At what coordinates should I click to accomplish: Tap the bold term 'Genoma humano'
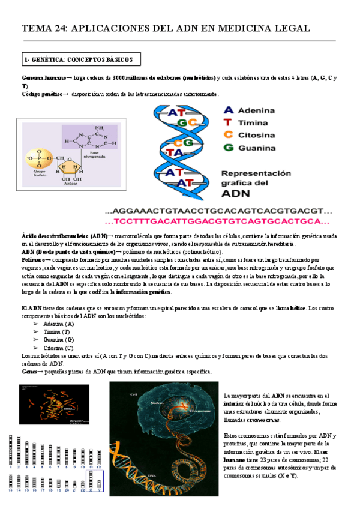tap(43, 79)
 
